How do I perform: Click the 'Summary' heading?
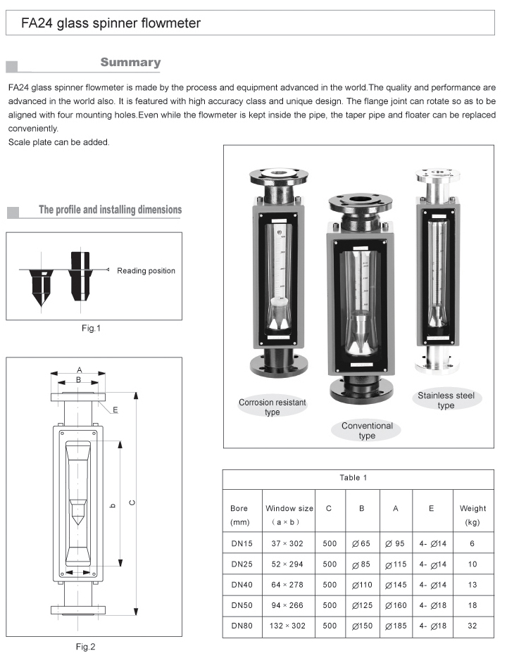[x=130, y=63]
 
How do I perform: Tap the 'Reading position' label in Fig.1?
[x=146, y=271]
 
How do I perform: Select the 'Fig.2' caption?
[x=85, y=647]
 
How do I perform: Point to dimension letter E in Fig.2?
[x=115, y=409]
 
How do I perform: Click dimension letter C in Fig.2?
[x=132, y=502]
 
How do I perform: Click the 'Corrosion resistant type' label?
[x=272, y=407]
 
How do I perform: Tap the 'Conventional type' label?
[x=367, y=431]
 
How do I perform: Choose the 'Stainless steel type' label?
[x=445, y=400]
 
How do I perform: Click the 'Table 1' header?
[x=353, y=478]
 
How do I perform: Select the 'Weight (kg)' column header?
[x=472, y=515]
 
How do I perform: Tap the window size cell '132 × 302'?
[x=287, y=626]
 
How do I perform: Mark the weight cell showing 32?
[x=472, y=626]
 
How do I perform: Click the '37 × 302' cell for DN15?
[x=287, y=544]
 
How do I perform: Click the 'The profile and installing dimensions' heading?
[x=110, y=210]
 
